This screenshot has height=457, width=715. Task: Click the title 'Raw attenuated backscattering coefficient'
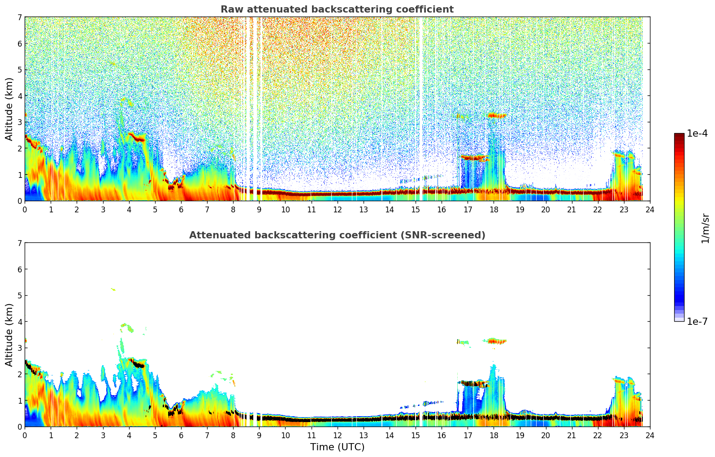tap(337, 9)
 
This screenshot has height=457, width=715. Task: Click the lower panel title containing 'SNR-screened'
tap(337, 235)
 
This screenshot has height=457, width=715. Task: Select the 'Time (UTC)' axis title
tap(337, 447)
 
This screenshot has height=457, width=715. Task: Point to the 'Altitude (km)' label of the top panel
tap(9, 109)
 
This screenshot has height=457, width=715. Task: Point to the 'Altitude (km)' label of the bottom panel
tap(9, 335)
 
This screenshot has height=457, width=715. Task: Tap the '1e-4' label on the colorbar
tap(697, 134)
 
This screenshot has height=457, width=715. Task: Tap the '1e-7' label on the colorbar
tap(697, 321)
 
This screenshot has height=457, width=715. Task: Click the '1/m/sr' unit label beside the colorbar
tap(705, 228)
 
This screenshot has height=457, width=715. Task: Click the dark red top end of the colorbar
tap(679, 135)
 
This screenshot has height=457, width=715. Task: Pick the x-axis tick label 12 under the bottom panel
tap(337, 435)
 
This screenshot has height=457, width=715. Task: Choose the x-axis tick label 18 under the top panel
tap(494, 209)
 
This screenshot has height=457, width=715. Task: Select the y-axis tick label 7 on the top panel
tap(20, 17)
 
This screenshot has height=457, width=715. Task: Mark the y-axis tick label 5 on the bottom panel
tap(20, 295)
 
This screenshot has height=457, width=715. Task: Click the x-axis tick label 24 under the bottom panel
tap(650, 435)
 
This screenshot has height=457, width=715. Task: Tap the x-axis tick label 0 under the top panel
tap(25, 209)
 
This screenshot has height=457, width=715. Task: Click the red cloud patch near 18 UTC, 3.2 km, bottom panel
tap(495, 341)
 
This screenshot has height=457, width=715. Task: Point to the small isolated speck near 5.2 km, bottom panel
tap(113, 289)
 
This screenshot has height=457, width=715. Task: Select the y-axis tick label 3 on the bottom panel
tap(20, 348)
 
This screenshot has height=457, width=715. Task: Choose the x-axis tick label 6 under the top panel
tap(181, 209)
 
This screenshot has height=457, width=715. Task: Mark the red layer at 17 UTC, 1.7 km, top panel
tap(471, 158)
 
